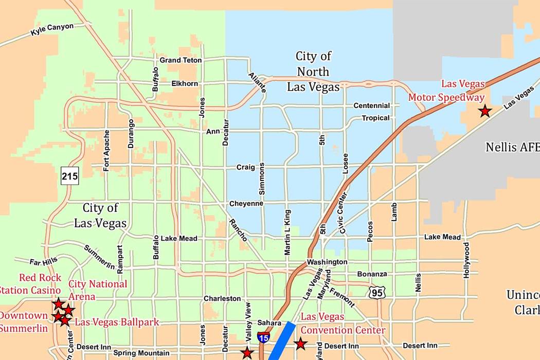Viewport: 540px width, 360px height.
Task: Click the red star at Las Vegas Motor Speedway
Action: tap(484, 111)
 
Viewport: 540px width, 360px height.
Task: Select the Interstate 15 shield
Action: tap(263, 337)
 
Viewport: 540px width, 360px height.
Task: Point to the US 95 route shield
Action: tap(376, 293)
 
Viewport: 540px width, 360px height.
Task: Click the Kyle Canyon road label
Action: tap(52, 30)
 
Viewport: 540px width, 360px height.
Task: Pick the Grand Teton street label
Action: tap(181, 60)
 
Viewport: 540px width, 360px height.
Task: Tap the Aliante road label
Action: tap(257, 82)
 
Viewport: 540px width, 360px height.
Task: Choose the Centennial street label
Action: tap(371, 106)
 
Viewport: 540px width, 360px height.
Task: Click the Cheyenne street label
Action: tap(246, 204)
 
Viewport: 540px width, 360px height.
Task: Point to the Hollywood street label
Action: tap(466, 260)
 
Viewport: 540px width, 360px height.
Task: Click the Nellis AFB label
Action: tap(512, 148)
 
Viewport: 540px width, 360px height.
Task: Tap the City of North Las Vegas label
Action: tap(313, 71)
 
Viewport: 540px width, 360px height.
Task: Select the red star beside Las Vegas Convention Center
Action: tap(300, 344)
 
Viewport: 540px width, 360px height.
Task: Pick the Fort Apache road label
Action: tap(106, 151)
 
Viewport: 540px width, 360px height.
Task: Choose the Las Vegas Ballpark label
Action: tap(117, 322)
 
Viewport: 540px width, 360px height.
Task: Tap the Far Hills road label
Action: tap(44, 262)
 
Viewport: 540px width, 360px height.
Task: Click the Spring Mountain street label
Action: tap(141, 353)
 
